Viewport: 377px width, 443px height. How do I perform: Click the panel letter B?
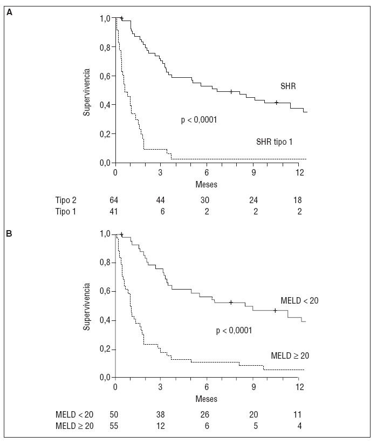coord(9,233)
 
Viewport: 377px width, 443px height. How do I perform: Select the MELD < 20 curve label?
coord(299,300)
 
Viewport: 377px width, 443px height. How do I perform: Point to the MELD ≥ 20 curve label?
coord(289,355)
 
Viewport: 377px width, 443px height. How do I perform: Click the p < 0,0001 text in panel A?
coord(198,120)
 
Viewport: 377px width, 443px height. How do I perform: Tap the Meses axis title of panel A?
coord(206,184)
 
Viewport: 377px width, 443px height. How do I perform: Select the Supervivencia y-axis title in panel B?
coord(86,305)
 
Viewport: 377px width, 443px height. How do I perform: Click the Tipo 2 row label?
coord(66,200)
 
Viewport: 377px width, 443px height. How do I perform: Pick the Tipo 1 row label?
coord(66,212)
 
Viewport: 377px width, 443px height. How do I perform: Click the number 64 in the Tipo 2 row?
coord(114,200)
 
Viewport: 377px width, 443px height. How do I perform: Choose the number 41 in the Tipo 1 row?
coord(114,212)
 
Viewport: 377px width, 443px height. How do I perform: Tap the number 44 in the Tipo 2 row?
coord(161,200)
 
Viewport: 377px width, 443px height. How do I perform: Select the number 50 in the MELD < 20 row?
coord(114,414)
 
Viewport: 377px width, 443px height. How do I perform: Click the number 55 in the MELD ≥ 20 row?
coord(114,426)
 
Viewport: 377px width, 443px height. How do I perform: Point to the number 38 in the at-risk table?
coord(161,414)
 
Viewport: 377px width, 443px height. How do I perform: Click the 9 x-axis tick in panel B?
coord(253,387)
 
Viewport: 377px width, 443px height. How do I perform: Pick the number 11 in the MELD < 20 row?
coord(298,414)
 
